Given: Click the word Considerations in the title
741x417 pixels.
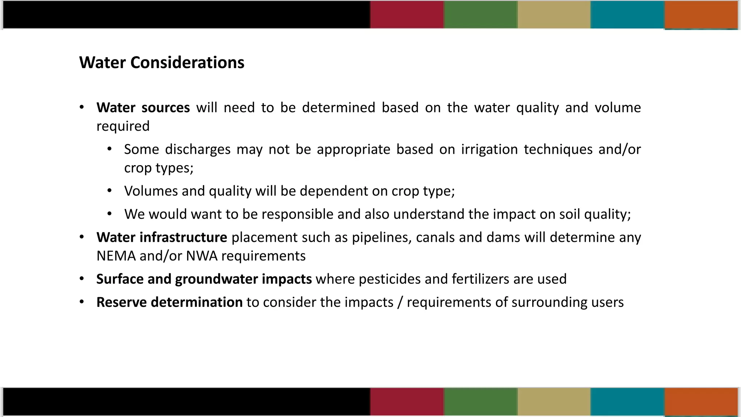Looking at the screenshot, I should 187,63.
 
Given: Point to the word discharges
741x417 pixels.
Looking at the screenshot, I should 198,149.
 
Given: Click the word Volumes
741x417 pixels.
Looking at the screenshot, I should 151,191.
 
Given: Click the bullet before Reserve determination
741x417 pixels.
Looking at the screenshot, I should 82,302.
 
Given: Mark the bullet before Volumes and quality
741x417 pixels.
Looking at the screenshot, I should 109,190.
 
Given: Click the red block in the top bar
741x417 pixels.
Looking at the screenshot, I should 407,14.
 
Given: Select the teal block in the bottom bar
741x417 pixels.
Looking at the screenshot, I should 627,401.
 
